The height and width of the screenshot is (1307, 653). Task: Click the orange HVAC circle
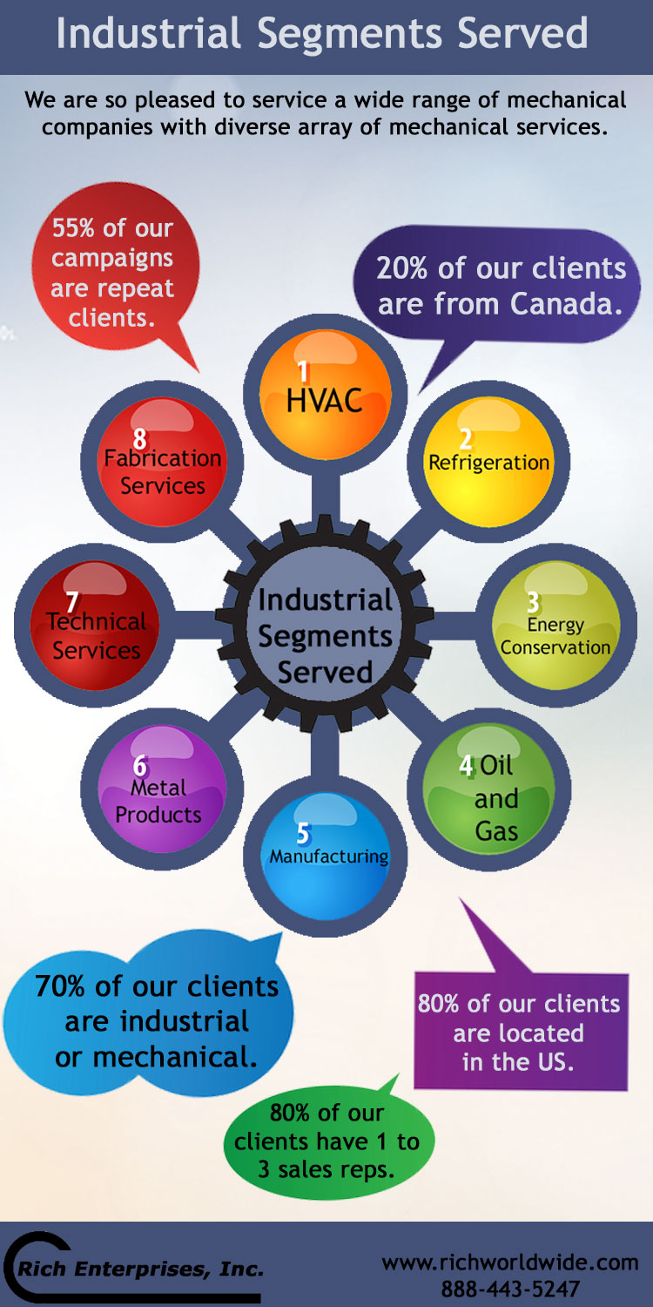click(x=326, y=394)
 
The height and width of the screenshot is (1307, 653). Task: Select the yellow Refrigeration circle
click(x=488, y=462)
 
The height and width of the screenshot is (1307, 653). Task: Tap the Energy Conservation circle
click(x=556, y=625)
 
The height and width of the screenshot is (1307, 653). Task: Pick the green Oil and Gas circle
click(x=488, y=789)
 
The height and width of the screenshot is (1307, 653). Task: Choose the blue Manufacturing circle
click(x=326, y=856)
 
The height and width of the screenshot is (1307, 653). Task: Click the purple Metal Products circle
click(x=162, y=789)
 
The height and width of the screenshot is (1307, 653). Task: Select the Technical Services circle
click(x=94, y=625)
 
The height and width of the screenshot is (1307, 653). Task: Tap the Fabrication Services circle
click(x=162, y=462)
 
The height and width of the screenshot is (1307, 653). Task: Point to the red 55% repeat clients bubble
click(x=114, y=267)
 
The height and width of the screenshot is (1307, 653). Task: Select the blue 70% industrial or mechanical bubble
click(x=149, y=1014)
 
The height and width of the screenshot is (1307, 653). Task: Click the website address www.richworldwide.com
click(x=510, y=1263)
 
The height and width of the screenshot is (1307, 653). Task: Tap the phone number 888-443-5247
click(x=510, y=1289)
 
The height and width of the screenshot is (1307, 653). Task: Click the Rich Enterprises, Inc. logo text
click(x=140, y=1269)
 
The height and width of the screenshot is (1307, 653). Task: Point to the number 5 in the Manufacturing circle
click(x=303, y=834)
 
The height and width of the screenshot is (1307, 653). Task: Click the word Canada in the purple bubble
click(x=567, y=303)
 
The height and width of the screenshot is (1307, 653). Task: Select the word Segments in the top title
click(x=349, y=35)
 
